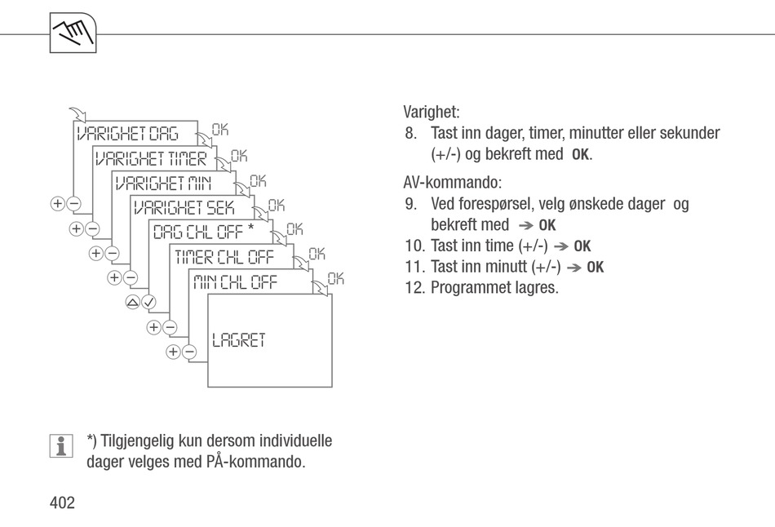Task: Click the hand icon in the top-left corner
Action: tap(73, 33)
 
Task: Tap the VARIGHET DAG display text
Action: tap(127, 134)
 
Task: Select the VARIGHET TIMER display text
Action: tap(151, 159)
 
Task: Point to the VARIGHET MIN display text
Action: tap(163, 184)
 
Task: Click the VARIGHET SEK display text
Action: tap(184, 208)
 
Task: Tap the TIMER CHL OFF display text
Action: tap(224, 257)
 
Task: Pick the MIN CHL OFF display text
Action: tap(235, 281)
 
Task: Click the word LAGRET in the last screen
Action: tap(239, 340)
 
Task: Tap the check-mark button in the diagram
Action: tap(148, 302)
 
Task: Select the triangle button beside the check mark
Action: tap(132, 302)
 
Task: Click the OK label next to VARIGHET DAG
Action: tap(220, 130)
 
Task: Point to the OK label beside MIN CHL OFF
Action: tap(335, 278)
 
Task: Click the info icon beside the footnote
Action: tap(61, 446)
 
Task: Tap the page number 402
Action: tap(62, 503)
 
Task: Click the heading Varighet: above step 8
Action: tap(432, 112)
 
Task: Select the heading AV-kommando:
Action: tap(452, 183)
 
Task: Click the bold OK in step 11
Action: tap(595, 267)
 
